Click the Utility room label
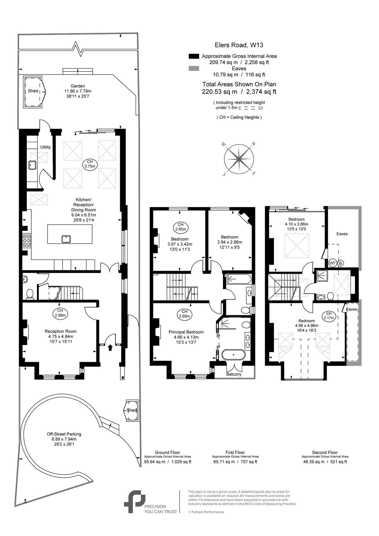[x=46, y=147]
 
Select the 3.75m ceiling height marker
[x=90, y=164]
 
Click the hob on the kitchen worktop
[x=27, y=240]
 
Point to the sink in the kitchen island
[x=66, y=239]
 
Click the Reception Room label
[x=61, y=331]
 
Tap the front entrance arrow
[x=110, y=348]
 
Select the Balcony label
[x=234, y=374]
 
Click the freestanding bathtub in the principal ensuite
[x=233, y=355]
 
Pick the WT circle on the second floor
[x=332, y=263]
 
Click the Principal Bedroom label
[x=186, y=332]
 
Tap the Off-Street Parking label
[x=64, y=434]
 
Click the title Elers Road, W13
[x=239, y=45]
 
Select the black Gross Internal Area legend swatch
[x=194, y=56]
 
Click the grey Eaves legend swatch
[x=194, y=68]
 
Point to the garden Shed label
[x=33, y=91]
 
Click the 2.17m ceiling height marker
[x=329, y=315]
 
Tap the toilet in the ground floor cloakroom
[x=30, y=294]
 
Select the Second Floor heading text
[x=325, y=452]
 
